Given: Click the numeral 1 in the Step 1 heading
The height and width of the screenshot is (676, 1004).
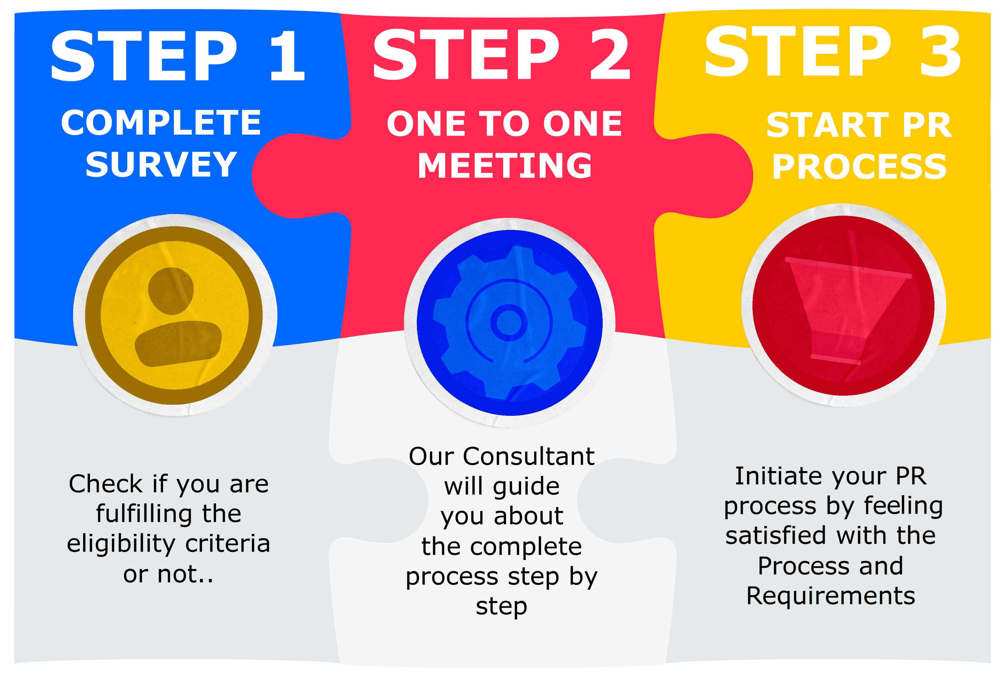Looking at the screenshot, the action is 288,56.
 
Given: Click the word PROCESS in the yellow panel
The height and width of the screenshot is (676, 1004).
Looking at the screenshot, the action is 860,167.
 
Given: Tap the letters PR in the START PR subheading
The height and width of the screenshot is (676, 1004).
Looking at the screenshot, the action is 927,125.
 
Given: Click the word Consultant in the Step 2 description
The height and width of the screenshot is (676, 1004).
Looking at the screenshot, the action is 529,457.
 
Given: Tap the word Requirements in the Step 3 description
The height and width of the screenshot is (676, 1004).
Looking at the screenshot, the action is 831,596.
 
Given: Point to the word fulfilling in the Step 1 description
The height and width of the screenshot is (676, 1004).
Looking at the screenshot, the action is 144,514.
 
